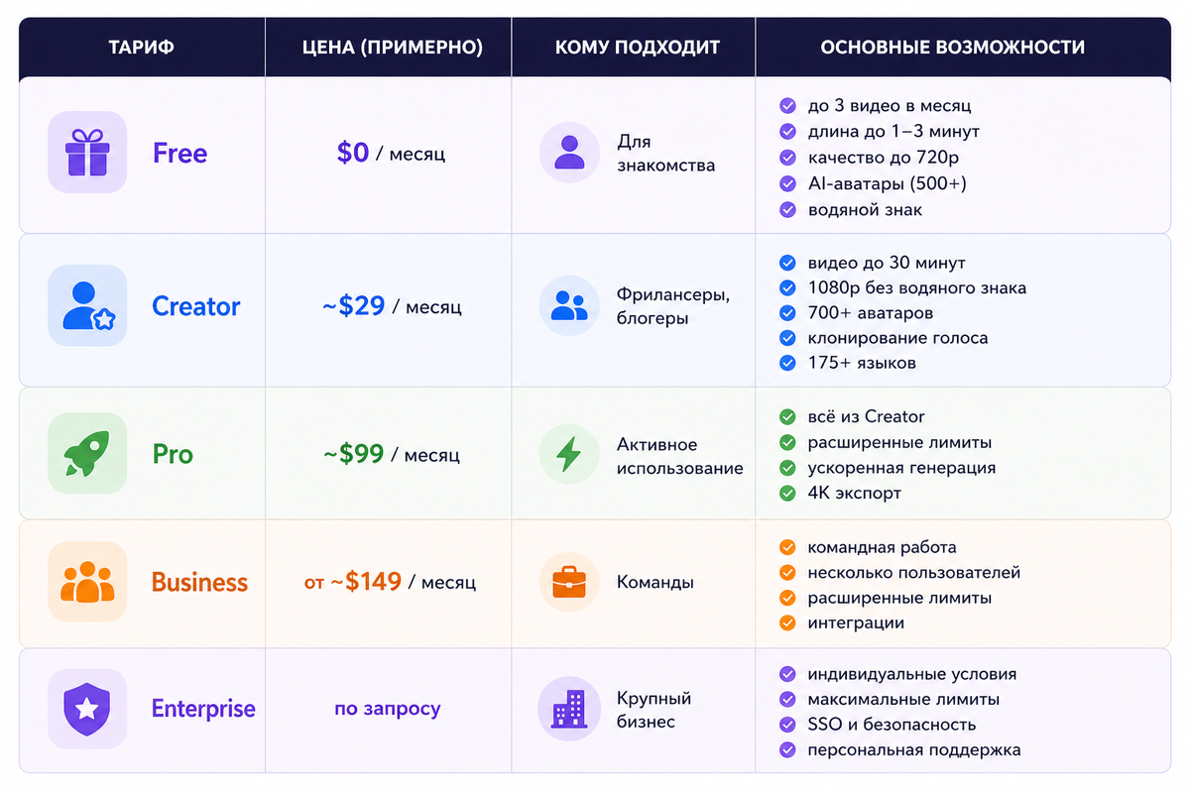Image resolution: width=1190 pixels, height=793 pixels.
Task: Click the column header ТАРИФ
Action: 142,47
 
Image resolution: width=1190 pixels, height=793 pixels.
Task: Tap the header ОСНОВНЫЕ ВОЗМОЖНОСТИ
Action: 952,47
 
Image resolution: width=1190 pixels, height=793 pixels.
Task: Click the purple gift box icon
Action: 87,153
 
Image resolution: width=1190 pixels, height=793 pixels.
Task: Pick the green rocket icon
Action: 87,454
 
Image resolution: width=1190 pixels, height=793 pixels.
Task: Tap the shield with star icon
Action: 87,708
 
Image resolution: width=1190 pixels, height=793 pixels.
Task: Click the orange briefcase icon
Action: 569,582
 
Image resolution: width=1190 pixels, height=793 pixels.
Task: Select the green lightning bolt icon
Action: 569,454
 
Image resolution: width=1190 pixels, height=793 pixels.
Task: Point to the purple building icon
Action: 569,709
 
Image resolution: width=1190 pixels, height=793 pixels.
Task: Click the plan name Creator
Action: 195,306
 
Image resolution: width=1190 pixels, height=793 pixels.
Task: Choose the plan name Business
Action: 199,582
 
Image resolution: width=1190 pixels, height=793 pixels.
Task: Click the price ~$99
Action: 354,454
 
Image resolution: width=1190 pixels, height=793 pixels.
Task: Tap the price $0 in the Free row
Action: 353,153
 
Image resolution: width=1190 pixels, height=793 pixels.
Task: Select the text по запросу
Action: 388,709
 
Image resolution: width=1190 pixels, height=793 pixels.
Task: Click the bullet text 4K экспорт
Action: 854,493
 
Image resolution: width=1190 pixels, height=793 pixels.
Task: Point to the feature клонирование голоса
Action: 897,338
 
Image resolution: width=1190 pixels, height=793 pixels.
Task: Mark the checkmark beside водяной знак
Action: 788,210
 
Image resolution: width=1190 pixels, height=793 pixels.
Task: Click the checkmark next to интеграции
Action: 788,623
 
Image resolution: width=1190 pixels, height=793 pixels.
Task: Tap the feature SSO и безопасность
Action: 892,725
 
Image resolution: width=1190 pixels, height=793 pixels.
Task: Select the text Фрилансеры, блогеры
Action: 673,306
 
